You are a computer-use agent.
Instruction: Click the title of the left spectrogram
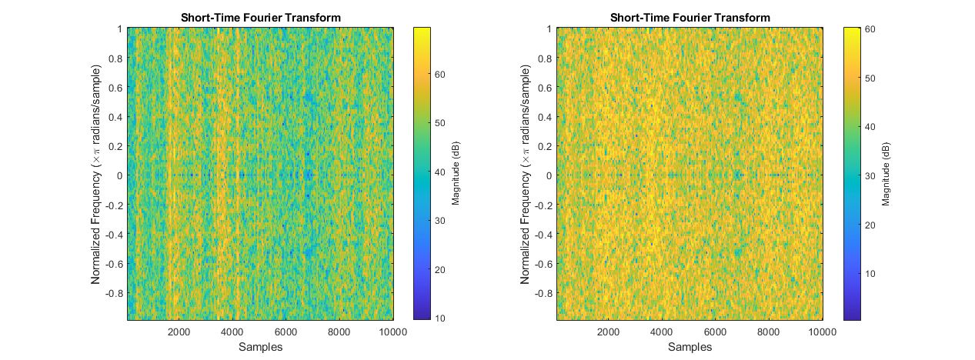[x=260, y=18]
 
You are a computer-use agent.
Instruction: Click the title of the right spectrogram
[x=690, y=18]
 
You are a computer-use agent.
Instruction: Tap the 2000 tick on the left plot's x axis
[x=179, y=332]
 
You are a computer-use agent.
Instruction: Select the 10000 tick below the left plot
[x=392, y=332]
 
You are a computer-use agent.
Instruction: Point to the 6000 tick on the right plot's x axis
[x=716, y=332]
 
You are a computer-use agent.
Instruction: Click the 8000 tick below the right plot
[x=769, y=332]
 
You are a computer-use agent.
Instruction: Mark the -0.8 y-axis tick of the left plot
[x=113, y=293]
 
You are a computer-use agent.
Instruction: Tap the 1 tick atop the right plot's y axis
[x=549, y=28]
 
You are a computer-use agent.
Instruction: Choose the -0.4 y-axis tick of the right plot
[x=543, y=234]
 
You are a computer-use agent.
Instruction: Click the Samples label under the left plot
[x=260, y=347]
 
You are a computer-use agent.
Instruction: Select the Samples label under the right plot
[x=690, y=347]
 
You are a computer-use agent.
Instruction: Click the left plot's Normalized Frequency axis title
[x=97, y=174]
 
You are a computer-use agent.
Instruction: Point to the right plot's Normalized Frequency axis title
[x=526, y=174]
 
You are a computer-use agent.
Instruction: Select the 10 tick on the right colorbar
[x=871, y=273]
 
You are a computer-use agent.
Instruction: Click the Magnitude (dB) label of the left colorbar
[x=456, y=174]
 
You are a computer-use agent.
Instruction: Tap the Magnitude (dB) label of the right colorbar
[x=886, y=174]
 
